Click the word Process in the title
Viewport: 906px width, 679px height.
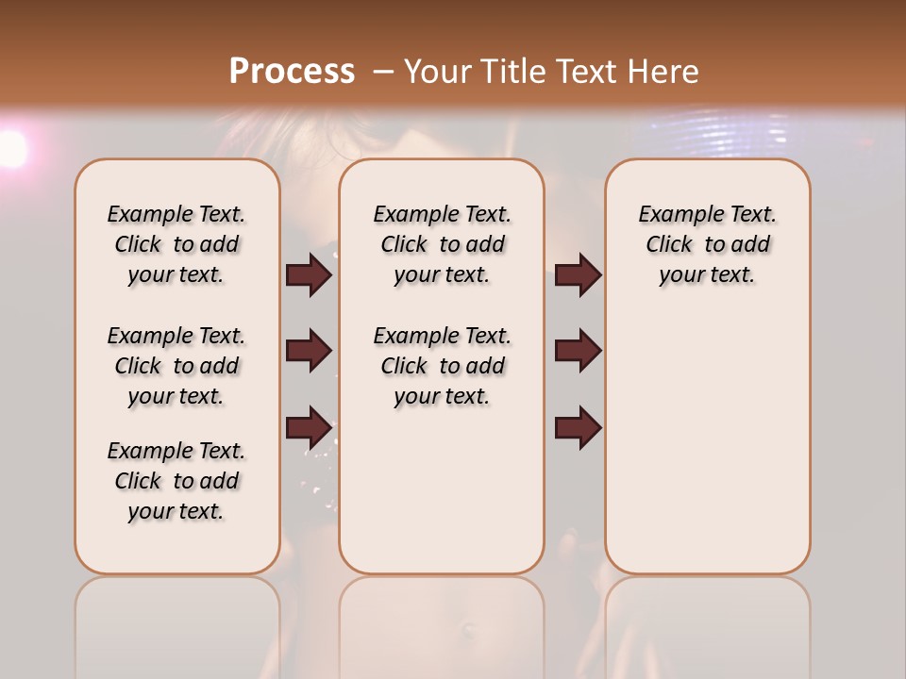292,72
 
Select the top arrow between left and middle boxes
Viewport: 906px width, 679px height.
309,274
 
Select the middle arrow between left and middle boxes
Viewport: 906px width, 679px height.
309,351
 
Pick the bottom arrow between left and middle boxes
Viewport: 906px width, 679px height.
309,427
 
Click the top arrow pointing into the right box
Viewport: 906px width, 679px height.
578,274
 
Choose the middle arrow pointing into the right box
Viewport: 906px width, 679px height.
578,351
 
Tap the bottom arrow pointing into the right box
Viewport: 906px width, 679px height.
578,427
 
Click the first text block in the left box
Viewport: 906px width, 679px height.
176,244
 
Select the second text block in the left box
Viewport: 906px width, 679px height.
176,366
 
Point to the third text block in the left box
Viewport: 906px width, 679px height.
176,481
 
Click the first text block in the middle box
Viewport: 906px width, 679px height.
442,244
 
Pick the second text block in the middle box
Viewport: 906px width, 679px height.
442,366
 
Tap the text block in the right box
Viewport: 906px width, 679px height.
707,244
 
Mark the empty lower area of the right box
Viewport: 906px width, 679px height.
707,443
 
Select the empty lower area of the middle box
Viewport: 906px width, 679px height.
442,490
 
